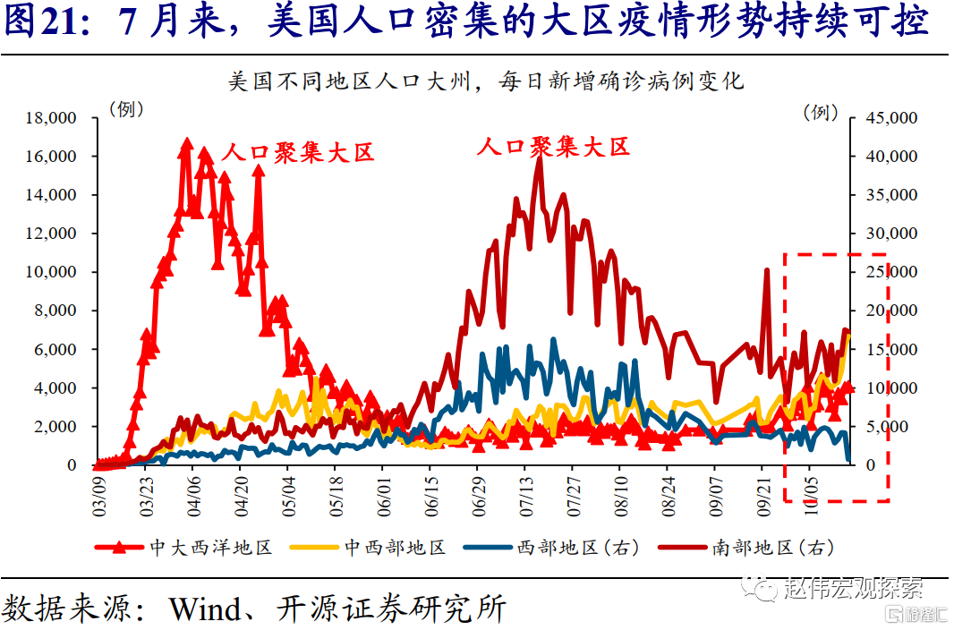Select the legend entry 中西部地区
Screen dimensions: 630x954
(395, 548)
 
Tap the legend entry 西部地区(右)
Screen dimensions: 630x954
(577, 548)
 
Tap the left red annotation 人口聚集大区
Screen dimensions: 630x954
(297, 152)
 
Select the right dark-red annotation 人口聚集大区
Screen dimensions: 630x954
(554, 147)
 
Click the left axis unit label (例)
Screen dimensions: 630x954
(126, 109)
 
